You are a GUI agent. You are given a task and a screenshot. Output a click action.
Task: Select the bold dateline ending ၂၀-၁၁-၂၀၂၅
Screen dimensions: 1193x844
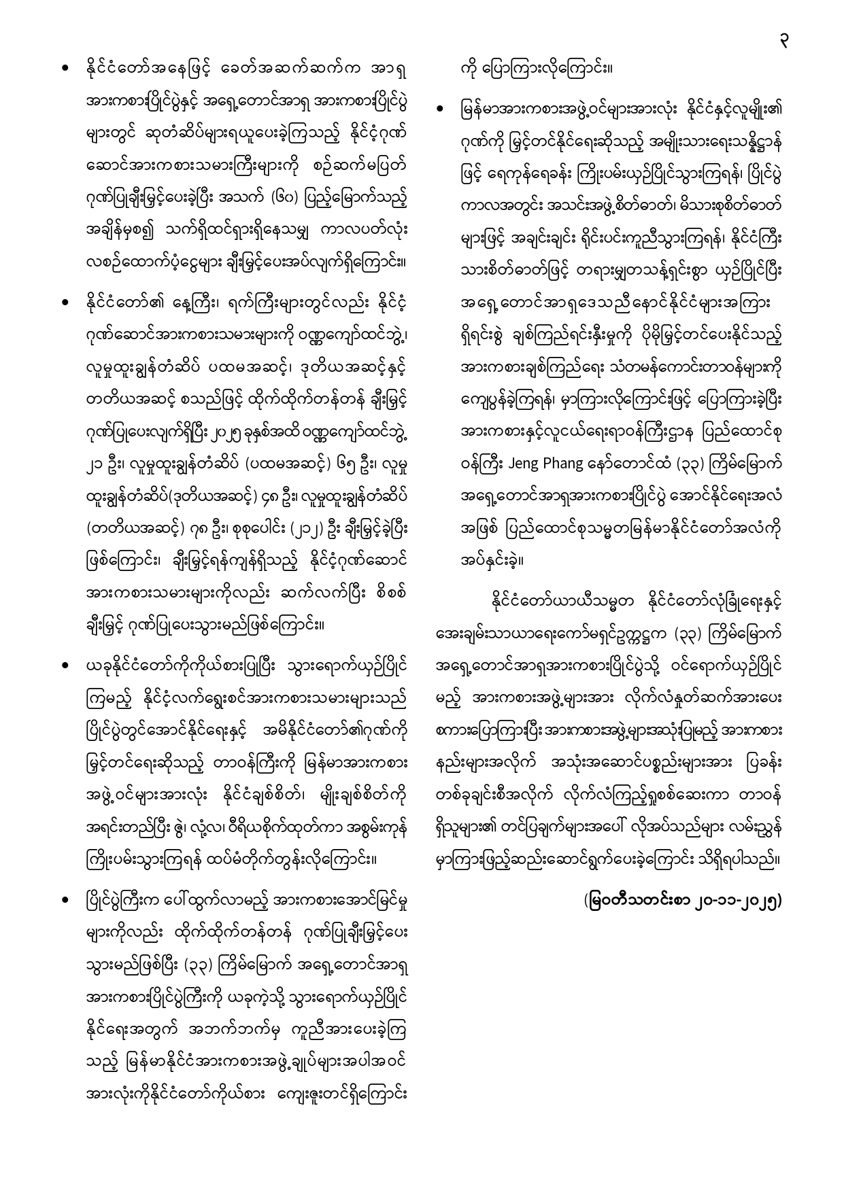click(683, 901)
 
